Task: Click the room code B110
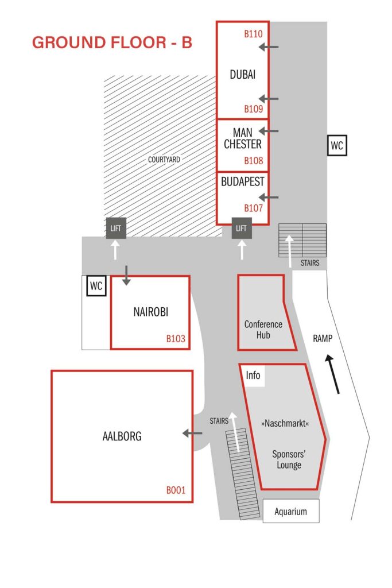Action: coord(253,34)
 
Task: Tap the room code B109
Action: coord(253,109)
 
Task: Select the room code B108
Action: coord(253,161)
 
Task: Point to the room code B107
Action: coord(253,208)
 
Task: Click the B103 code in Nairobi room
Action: coord(176,339)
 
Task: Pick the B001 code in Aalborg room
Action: coord(176,490)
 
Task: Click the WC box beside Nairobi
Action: coord(96,286)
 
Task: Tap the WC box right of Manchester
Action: coord(337,145)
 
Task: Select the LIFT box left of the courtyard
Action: coord(116,228)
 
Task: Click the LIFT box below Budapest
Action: coord(242,228)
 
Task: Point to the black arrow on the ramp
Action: coord(333,374)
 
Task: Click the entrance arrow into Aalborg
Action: coord(192,433)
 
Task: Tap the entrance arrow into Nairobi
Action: coord(126,275)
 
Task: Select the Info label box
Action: coord(253,376)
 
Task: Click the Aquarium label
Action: coord(291,511)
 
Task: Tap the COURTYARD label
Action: coord(164,160)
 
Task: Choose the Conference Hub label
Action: coord(263,330)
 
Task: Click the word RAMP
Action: coord(323,339)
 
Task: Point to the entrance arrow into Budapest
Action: coord(269,198)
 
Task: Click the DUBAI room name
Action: coord(242,75)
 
